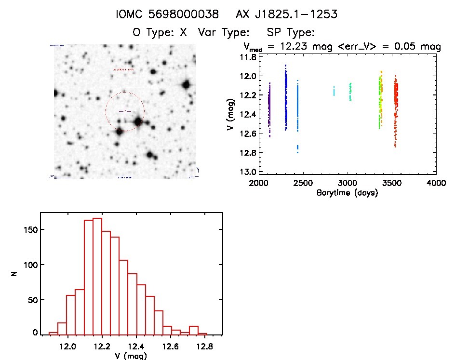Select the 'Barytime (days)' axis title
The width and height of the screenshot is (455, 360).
pos(347,193)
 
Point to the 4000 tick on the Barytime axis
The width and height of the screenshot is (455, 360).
pos(436,183)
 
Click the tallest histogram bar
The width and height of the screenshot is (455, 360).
pos(97,276)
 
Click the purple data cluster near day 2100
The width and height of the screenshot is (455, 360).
pos(269,108)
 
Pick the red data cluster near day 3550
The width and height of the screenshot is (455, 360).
pos(396,108)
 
